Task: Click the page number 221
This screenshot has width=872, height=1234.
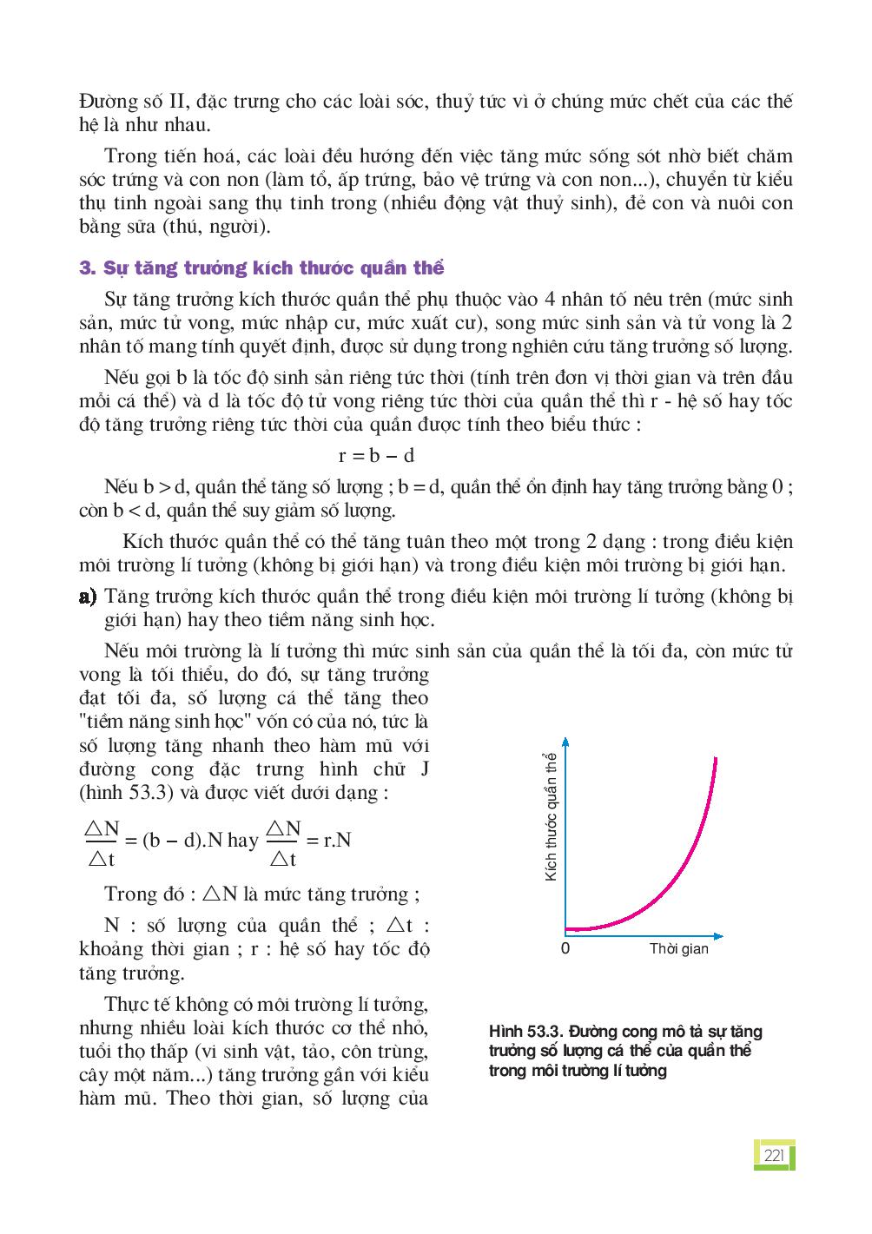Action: pos(773,1155)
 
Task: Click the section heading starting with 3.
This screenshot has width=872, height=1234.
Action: pos(261,267)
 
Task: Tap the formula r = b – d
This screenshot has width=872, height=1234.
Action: pos(375,455)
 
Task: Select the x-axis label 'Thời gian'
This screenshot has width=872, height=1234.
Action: pos(678,948)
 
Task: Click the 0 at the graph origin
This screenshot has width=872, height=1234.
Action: pos(565,948)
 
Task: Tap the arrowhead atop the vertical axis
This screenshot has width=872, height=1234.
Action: pos(565,741)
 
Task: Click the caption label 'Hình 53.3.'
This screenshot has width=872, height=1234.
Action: pos(522,1032)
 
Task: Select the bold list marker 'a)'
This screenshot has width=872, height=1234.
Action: pos(87,597)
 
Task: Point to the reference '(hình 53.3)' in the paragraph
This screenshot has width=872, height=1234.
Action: pos(121,792)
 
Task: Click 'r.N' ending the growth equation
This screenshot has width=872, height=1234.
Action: pos(336,840)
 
